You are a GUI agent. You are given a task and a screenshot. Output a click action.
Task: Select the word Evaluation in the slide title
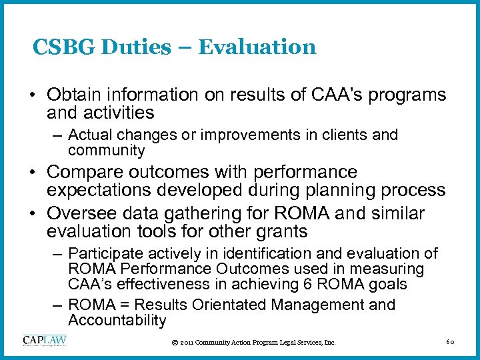[257, 47]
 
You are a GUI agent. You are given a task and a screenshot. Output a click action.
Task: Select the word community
[106, 151]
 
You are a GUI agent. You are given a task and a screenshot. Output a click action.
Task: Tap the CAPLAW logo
[45, 341]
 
